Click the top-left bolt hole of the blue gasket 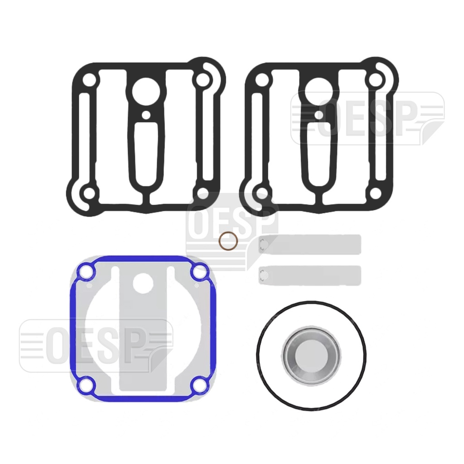coord(86,272)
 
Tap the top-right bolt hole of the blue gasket coord(199,272)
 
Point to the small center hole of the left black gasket coord(145,115)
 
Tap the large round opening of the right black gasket coord(319,90)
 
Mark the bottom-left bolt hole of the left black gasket coord(89,194)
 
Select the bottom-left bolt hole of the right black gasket coord(262,194)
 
